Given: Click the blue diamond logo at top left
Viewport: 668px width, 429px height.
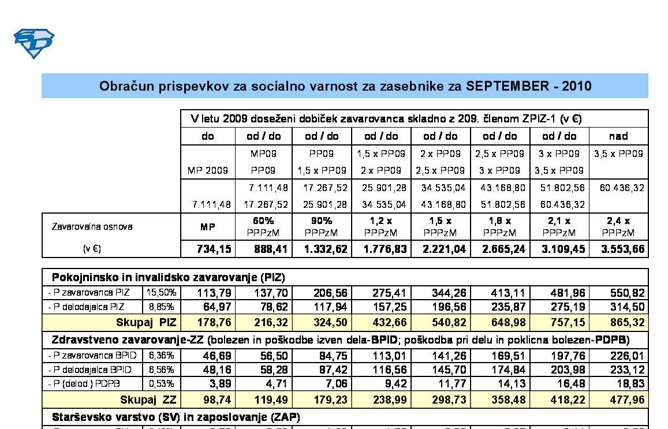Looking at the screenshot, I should [x=33, y=43].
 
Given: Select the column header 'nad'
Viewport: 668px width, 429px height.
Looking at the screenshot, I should [x=618, y=136].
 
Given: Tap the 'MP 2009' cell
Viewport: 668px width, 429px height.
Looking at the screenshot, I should [x=208, y=171].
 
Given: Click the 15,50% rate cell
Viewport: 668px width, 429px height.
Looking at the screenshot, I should [x=161, y=293].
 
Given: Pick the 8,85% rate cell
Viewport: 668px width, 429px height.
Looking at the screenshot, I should [x=161, y=307].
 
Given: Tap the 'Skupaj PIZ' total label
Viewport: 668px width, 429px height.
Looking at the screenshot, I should [x=146, y=322].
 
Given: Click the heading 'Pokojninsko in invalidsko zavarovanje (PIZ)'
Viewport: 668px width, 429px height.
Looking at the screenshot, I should [x=168, y=277].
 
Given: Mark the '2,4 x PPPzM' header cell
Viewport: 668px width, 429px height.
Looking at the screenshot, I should [x=618, y=226].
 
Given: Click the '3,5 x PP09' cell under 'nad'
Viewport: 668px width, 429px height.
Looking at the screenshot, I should [x=618, y=154].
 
